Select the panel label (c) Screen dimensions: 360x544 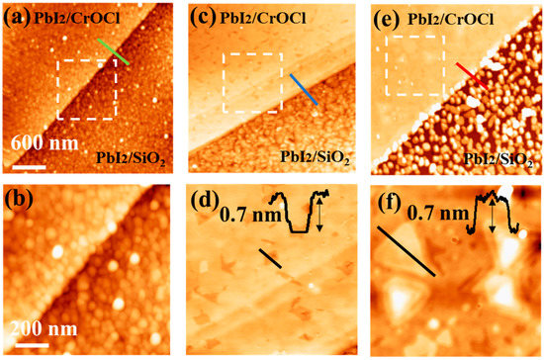201,17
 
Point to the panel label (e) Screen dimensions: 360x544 385,17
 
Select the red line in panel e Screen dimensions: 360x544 472,70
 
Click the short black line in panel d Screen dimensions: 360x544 270,258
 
